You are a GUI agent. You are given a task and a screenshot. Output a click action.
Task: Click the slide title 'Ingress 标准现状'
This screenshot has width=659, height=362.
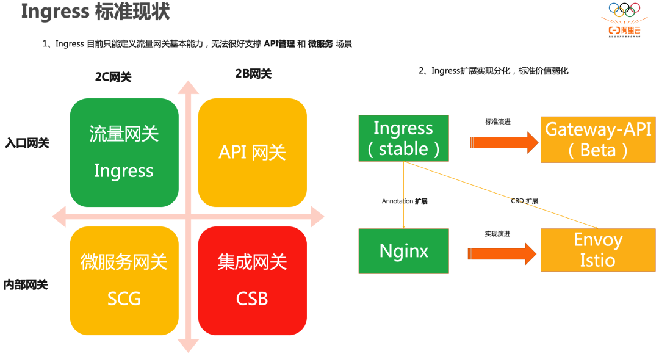point(95,12)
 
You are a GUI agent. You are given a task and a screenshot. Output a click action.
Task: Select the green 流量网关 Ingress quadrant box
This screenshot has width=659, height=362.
point(124,152)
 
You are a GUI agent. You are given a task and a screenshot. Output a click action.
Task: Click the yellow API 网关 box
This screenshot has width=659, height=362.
point(252,152)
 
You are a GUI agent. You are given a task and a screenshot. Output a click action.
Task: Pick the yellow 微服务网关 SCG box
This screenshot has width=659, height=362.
point(124,280)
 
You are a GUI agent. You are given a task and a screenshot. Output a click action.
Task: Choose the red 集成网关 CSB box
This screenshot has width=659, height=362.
point(252,280)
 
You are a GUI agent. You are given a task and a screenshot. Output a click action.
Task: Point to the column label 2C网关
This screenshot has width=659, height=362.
point(113,77)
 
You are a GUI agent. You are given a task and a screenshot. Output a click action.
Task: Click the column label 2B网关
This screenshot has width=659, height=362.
point(253,74)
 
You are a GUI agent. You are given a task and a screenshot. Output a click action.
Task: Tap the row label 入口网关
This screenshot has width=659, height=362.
point(27,143)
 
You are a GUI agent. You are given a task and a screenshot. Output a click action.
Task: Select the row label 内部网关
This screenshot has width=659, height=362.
point(26,284)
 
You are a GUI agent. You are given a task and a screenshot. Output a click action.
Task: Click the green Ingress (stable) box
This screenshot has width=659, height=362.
point(403,138)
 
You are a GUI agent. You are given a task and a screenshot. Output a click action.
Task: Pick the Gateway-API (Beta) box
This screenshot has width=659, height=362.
point(598,139)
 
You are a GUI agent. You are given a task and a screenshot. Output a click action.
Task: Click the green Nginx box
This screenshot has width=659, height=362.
point(403,251)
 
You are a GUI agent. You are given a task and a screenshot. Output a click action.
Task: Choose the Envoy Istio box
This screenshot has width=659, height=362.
point(598,250)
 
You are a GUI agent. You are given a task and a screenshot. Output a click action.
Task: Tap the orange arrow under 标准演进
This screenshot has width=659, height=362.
point(504,143)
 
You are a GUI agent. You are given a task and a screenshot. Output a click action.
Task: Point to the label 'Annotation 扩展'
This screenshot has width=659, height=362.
point(405,201)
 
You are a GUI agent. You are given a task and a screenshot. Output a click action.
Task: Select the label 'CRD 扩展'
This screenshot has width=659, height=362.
point(524,201)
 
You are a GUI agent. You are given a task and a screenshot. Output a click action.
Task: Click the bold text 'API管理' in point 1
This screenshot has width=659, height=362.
point(279,44)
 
